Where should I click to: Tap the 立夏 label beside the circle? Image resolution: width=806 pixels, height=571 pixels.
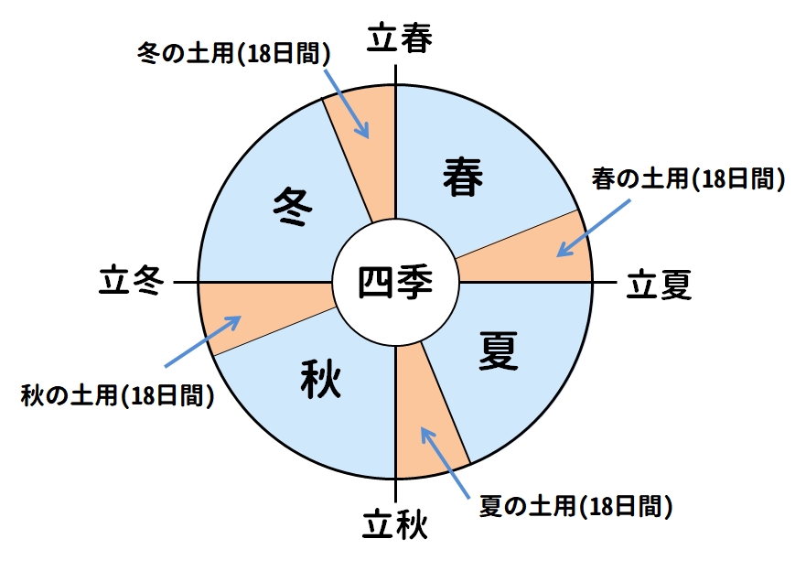659,285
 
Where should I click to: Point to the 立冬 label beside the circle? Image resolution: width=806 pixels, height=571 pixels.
132,281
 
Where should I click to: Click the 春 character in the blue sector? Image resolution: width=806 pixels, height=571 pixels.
463,176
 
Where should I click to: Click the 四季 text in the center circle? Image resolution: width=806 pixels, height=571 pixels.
395,282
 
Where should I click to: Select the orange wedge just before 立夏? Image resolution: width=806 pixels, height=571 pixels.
531,256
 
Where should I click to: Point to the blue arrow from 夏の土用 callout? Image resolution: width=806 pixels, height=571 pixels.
447,463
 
